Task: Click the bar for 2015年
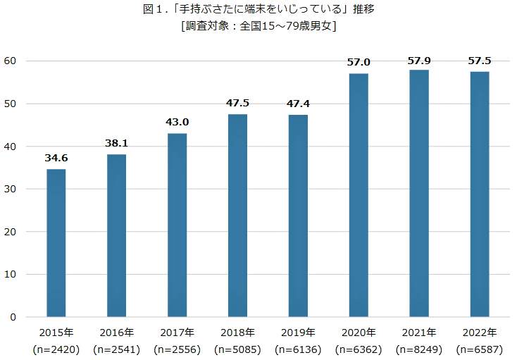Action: [x=56, y=243]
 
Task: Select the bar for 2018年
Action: [x=237, y=216]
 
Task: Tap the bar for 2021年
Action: [x=418, y=194]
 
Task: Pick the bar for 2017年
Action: [x=177, y=225]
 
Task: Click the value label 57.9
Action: [x=418, y=61]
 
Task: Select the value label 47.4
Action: [x=298, y=105]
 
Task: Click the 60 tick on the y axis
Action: [x=12, y=61]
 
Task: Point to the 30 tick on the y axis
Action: [x=12, y=190]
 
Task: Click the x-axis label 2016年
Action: [x=117, y=333]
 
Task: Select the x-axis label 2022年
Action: [x=479, y=333]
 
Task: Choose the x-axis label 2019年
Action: [x=298, y=333]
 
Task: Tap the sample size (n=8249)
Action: [x=418, y=349]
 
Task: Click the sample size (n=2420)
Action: [x=56, y=349]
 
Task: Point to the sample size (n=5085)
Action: [x=237, y=349]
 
